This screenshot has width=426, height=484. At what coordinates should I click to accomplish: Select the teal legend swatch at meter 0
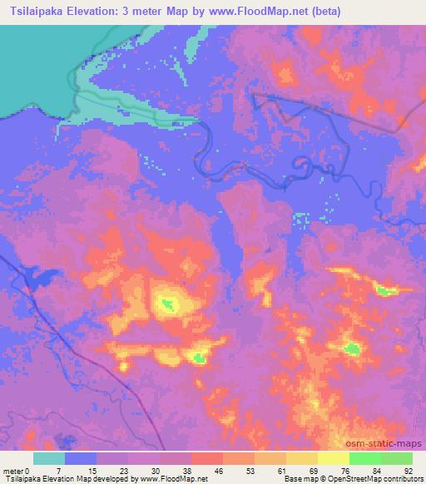48,458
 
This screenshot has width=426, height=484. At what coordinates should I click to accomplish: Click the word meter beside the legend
13,470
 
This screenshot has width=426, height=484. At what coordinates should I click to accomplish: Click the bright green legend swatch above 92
397,458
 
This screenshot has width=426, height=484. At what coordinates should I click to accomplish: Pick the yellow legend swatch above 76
334,458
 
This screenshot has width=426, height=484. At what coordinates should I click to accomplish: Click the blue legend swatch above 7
81,458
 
